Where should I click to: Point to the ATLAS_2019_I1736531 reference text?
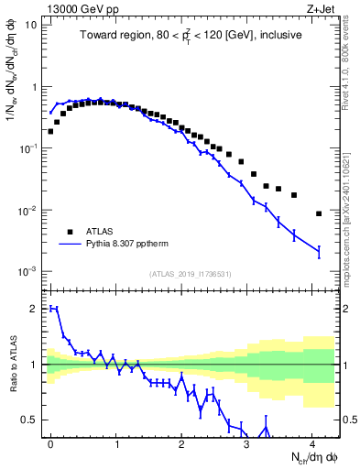[x=191, y=274]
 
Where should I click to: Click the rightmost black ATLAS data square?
[x=319, y=213]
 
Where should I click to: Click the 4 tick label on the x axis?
[x=312, y=443]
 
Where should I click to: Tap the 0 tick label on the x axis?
[x=50, y=443]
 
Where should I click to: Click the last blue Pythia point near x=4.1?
[x=319, y=251]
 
